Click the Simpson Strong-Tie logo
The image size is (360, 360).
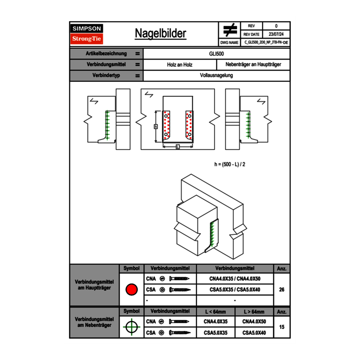pos(87,34)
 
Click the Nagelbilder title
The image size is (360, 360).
pos(160,34)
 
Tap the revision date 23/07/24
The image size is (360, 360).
pos(276,34)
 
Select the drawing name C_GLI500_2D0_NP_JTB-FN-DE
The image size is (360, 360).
pos(266,43)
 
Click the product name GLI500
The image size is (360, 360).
pos(216,54)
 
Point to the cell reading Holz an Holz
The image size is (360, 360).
pos(180,65)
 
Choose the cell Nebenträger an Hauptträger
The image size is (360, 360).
pos(253,65)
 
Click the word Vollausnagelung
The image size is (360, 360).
pos(216,75)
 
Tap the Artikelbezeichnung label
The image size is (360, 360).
pos(106,54)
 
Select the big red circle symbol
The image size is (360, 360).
pos(131,290)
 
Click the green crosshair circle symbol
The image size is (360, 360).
pos(131,327)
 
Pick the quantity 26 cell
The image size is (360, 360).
pos(281,290)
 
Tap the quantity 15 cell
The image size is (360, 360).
pos(281,327)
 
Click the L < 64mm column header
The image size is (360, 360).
pos(216,312)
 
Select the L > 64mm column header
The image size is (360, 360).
pos(254,312)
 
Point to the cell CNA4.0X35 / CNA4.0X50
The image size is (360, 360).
pos(235,279)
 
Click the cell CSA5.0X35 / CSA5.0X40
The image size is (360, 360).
pos(235,290)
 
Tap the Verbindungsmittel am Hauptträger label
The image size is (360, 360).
pos(94,285)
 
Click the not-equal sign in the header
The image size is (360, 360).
pos(230,30)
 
